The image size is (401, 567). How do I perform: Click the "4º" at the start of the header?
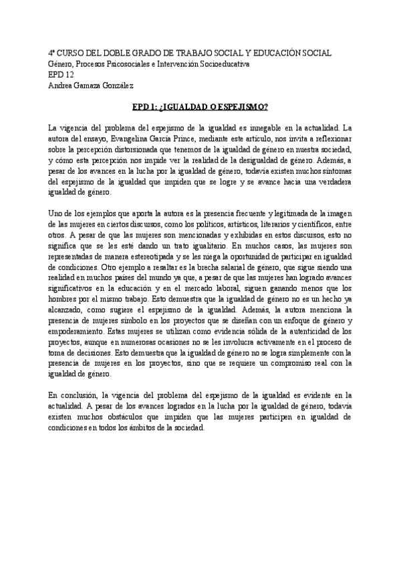coord(53,53)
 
